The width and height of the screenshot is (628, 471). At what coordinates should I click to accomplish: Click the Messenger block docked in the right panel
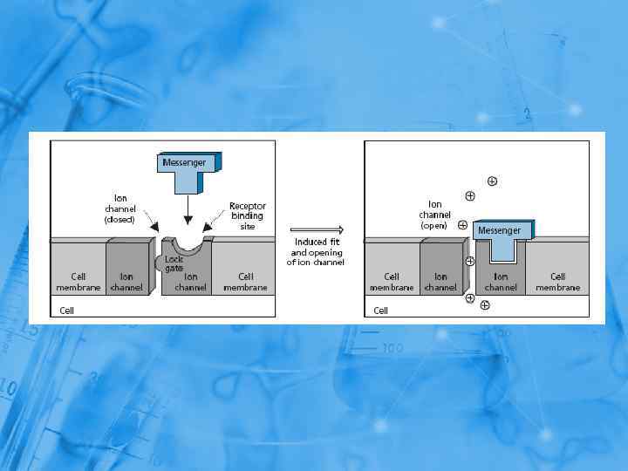point(499,231)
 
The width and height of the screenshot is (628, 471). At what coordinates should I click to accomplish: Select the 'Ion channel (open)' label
point(433,214)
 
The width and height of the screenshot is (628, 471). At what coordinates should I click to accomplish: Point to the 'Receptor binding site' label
point(247,215)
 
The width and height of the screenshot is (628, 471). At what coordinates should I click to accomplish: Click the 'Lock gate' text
point(174,263)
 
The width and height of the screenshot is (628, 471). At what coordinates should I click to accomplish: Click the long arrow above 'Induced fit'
point(317,231)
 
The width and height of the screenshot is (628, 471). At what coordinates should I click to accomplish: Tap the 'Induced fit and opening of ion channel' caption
point(317,252)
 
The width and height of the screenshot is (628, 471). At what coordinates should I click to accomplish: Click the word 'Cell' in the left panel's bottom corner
point(66,310)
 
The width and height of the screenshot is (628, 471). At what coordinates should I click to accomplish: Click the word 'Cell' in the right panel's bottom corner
point(380,310)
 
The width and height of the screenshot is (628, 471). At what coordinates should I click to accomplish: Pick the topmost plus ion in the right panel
point(493,181)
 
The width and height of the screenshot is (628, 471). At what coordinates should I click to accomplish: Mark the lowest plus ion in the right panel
point(485,305)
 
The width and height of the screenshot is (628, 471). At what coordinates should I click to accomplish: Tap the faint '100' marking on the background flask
point(392,349)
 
